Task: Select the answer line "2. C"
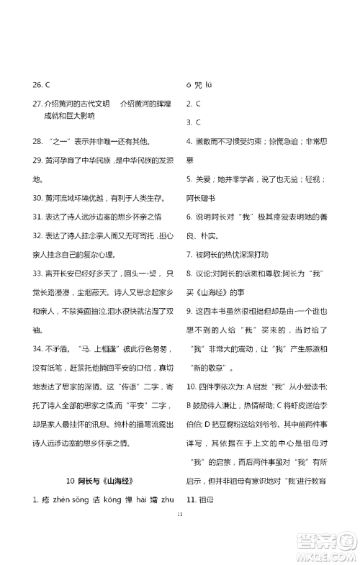[x=193, y=104]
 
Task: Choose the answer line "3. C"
[x=193, y=122]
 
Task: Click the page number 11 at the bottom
[x=180, y=533]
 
